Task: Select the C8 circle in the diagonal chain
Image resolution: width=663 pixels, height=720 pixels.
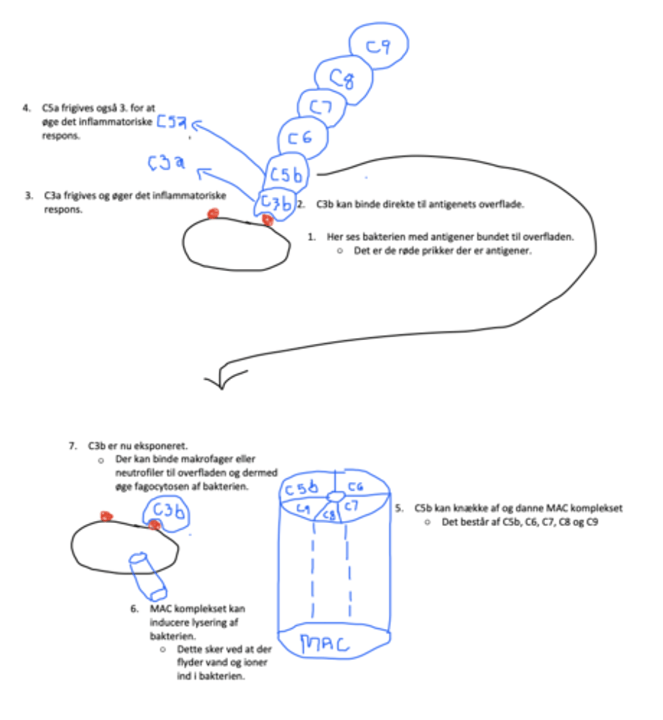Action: pos(343,78)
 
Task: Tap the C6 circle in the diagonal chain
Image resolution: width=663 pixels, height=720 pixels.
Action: pos(303,137)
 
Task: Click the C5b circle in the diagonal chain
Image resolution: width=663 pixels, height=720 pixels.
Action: pos(286,174)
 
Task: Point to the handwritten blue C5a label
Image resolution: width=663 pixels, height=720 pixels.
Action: pos(172,122)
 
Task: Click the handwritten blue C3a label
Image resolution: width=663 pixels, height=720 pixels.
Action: pos(166,162)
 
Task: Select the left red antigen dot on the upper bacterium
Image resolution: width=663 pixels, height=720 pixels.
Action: pos(213,214)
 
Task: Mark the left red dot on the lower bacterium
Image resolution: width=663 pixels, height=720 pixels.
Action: pos(106,515)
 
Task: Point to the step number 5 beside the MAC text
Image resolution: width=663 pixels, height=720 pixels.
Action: pos(399,508)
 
